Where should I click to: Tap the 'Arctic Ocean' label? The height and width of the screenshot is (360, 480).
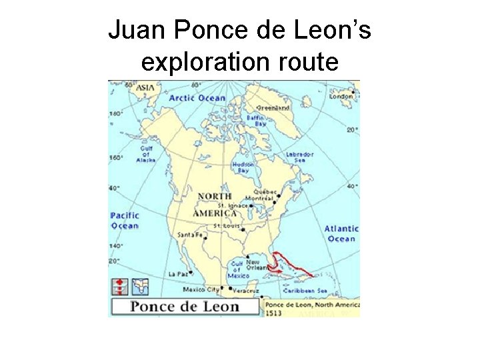click(197, 98)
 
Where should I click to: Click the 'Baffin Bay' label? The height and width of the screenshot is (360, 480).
click(256, 121)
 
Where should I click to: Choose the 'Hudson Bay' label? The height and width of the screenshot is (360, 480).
click(242, 167)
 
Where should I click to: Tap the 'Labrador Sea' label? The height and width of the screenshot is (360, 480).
click(299, 157)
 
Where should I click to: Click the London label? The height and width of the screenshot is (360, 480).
click(341, 95)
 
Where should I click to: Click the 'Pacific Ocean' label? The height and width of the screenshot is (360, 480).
click(125, 220)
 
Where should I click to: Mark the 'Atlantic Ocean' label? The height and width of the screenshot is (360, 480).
click(341, 233)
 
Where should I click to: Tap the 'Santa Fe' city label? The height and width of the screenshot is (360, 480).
click(189, 234)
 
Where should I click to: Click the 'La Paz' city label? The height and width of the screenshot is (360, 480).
click(178, 273)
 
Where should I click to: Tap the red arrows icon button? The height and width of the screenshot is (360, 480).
click(120, 287)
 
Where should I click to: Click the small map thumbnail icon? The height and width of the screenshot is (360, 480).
click(140, 287)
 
